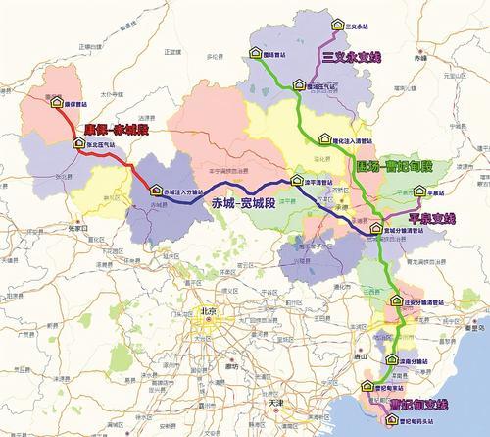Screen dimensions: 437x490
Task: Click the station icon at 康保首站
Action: tap(56, 101)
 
